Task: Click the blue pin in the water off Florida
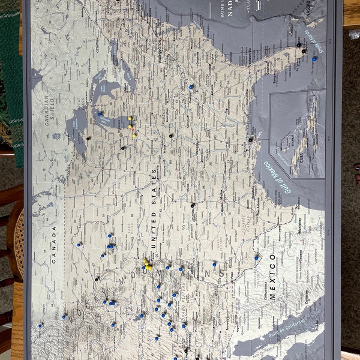pyautogui.click(x=314, y=59)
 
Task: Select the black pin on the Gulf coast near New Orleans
pyautogui.click(x=251, y=139)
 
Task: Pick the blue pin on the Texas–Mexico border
pyautogui.click(x=256, y=257)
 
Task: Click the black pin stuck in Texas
pyautogui.click(x=192, y=205)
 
